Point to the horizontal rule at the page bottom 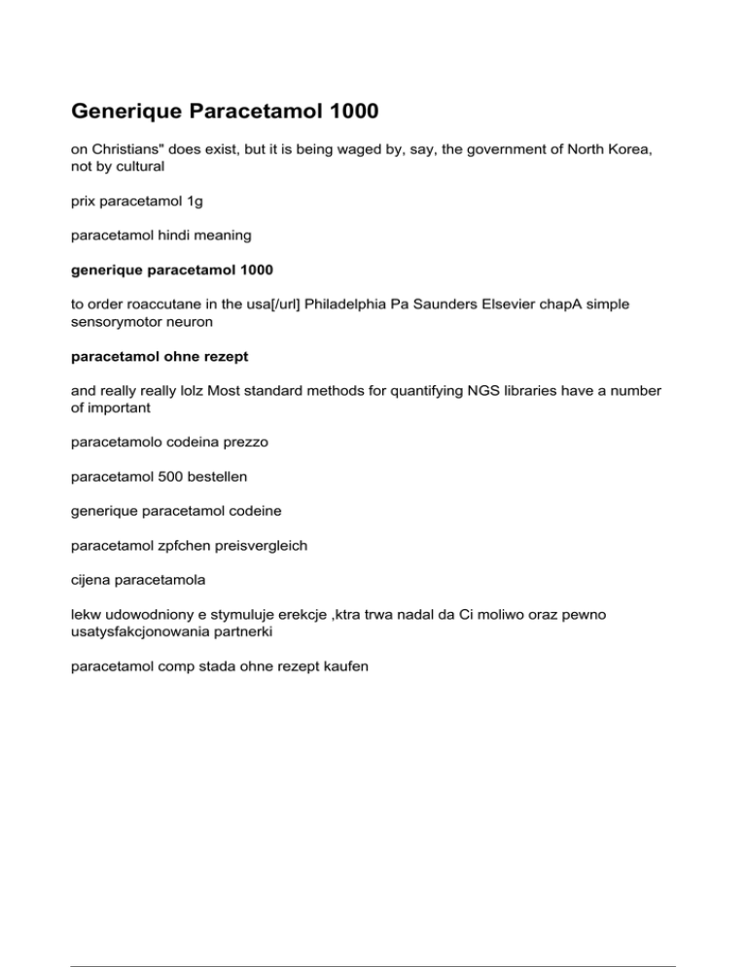pos(373,939)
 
